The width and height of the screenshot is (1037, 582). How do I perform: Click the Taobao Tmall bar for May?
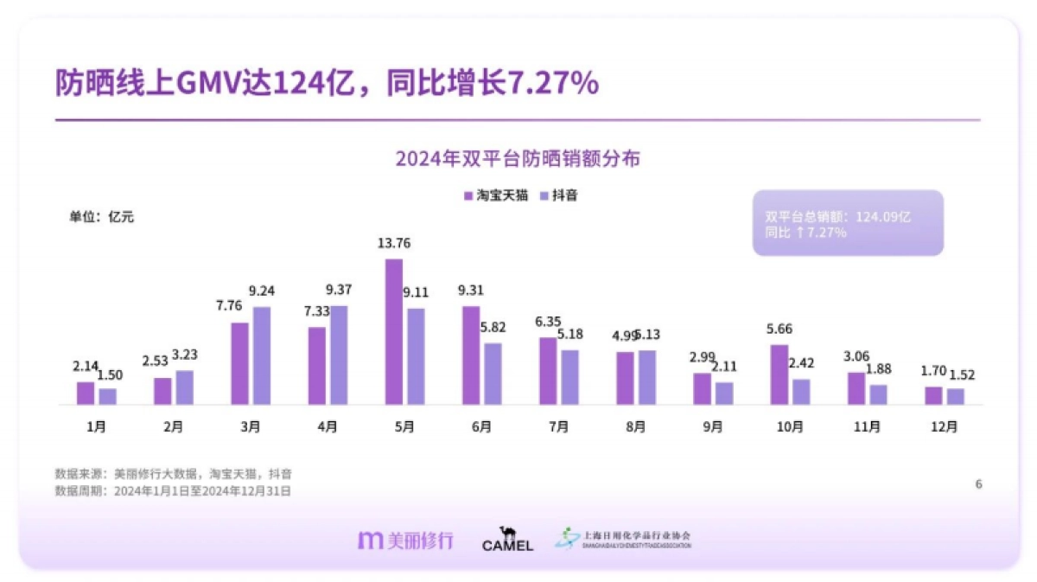(394, 332)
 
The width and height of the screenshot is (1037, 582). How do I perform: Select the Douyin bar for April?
(339, 355)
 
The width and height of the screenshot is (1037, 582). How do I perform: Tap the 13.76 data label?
(394, 244)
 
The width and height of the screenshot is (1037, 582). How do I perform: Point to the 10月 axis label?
(790, 426)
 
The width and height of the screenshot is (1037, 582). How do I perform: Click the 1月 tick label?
(96, 426)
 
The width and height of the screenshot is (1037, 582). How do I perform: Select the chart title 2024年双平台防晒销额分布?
(518, 159)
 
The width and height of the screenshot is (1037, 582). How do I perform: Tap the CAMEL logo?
(507, 540)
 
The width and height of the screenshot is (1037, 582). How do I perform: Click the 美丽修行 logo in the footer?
(405, 540)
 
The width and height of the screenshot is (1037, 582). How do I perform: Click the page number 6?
(978, 484)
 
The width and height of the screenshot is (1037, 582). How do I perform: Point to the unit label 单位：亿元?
(102, 217)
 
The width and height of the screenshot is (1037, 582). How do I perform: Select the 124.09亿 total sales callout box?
(847, 223)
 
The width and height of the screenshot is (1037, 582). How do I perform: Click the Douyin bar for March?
(262, 355)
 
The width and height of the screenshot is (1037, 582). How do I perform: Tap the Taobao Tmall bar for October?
(779, 374)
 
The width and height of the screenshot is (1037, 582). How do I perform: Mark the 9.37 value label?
(339, 289)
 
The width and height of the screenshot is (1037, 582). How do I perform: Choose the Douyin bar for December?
(955, 396)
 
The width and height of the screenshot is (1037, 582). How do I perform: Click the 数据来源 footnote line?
(173, 474)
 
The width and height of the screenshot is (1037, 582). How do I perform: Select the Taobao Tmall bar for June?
(471, 355)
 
